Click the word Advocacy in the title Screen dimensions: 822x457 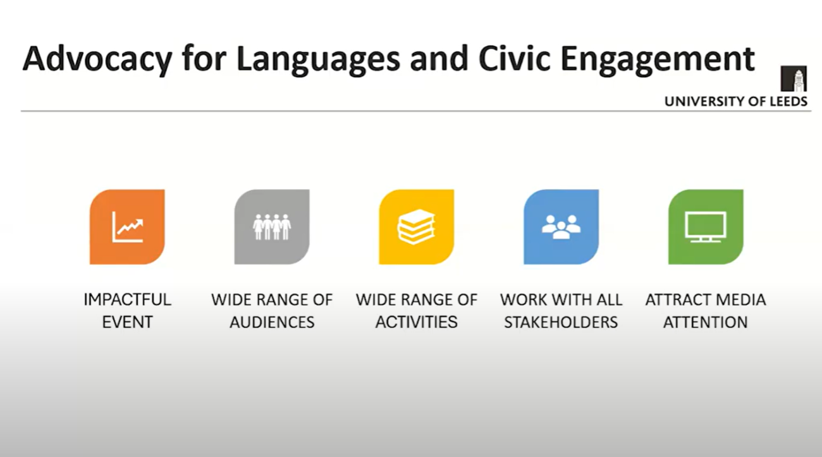pos(97,59)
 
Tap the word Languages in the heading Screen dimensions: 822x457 pos(318,59)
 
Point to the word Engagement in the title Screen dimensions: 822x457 pos(658,59)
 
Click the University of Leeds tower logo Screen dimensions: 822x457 pos(794,78)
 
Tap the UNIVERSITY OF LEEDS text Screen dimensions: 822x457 pos(736,101)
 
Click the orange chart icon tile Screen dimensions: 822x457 pos(127,227)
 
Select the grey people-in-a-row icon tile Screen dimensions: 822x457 pos(272,227)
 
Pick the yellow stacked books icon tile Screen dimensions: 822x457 pos(417,227)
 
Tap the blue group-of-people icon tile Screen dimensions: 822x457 pos(561,227)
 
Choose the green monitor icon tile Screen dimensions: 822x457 pos(706,227)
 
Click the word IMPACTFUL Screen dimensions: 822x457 pos(127,300)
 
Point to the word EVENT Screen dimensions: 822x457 pos(127,322)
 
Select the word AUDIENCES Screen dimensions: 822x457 pos(272,322)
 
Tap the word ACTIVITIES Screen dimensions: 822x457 pos(417,322)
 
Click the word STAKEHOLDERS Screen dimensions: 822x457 pos(561,322)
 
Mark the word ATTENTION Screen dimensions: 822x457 pos(706,322)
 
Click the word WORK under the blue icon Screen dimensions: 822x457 pos(523,300)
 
